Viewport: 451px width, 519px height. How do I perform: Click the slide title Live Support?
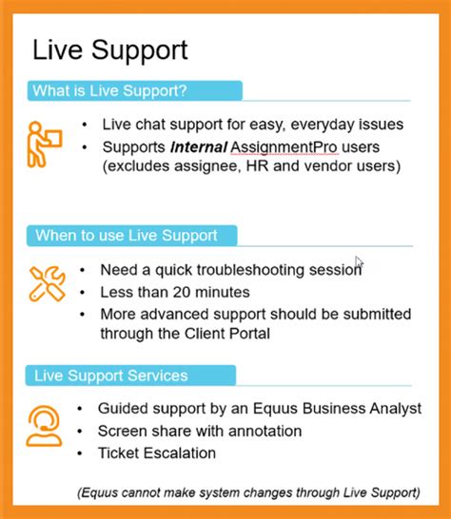(110, 50)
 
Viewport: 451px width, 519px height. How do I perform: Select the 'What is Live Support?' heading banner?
(133, 91)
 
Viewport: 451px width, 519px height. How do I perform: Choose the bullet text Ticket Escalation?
(157, 453)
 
